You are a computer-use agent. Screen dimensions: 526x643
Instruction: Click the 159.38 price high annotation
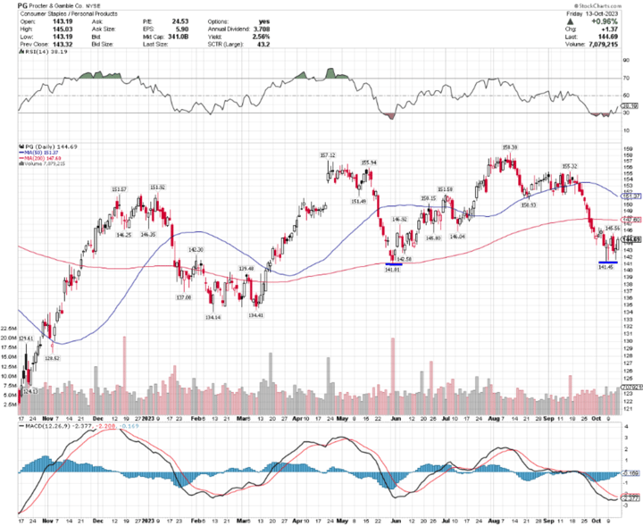tap(509, 148)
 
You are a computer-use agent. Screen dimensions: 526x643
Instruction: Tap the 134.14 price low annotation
tap(213, 316)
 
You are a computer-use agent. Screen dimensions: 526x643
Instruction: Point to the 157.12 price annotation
tap(326, 155)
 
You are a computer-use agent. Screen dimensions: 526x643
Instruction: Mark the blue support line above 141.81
tap(393, 263)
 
